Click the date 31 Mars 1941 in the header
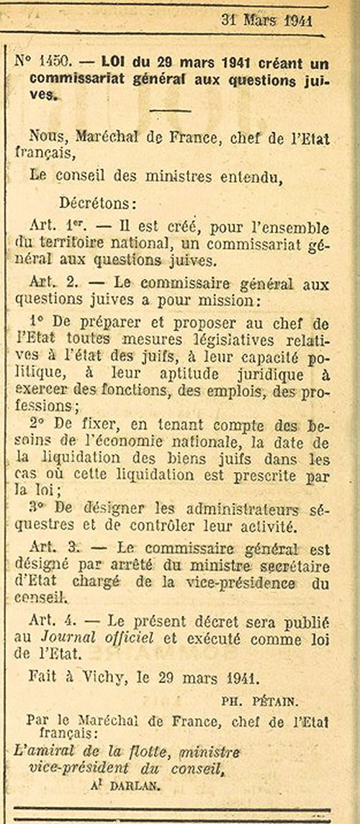266,19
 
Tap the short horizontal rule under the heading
170,110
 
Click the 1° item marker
40,322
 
